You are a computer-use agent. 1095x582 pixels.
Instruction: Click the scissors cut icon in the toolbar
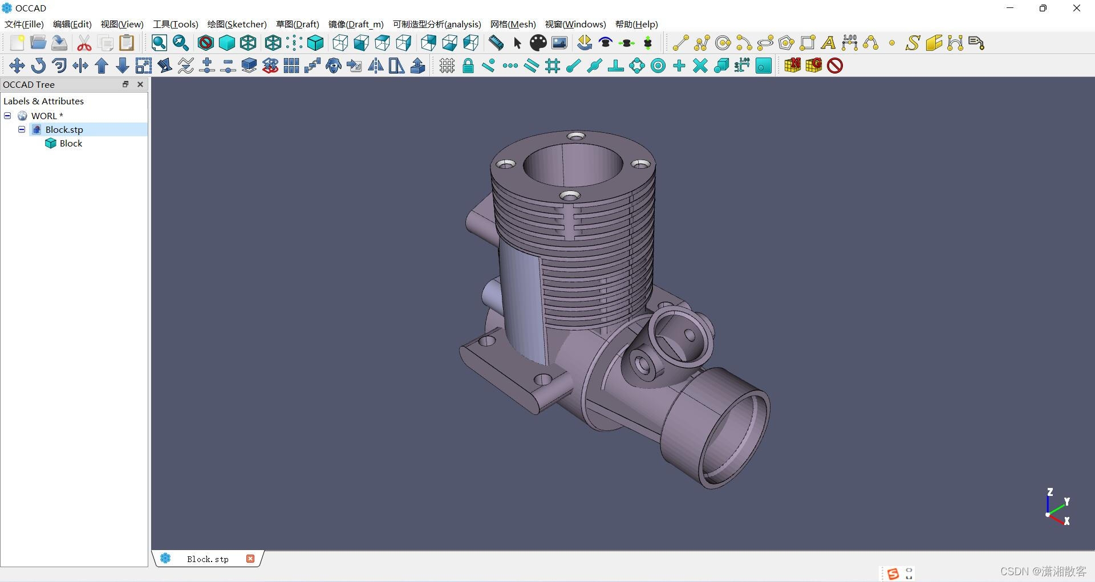tap(84, 43)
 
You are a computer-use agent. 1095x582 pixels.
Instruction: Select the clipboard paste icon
tap(127, 43)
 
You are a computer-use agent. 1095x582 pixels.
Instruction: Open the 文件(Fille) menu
tap(24, 24)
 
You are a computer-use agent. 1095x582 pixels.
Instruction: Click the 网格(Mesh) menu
tap(513, 24)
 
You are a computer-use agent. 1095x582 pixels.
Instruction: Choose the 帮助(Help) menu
tap(636, 24)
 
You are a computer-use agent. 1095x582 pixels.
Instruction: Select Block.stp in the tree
tap(64, 129)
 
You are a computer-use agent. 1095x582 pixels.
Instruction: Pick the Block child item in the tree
tap(71, 144)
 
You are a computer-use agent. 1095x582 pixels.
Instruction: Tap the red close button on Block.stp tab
tap(250, 559)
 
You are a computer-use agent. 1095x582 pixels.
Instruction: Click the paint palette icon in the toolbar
tap(538, 43)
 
